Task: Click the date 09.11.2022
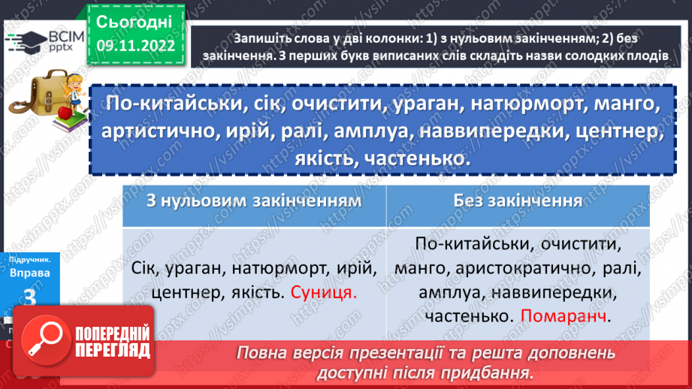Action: pyautogui.click(x=134, y=44)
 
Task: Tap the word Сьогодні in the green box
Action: pyautogui.click(x=134, y=20)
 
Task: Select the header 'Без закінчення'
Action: pyautogui.click(x=518, y=201)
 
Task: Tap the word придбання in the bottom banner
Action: pyautogui.click(x=484, y=373)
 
